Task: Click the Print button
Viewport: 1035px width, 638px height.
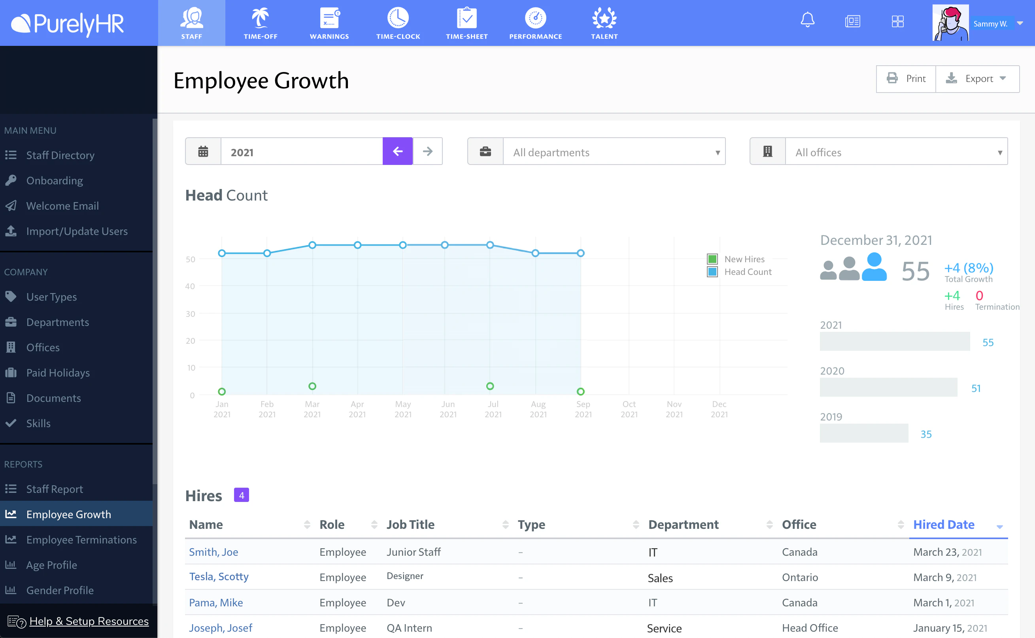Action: click(906, 78)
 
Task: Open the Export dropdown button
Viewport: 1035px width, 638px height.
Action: click(977, 78)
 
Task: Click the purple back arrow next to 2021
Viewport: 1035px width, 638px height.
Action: click(397, 151)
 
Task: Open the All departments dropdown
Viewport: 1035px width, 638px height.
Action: click(614, 152)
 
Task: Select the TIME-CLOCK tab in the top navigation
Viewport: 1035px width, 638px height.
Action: click(398, 23)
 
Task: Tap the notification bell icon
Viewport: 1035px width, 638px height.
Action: click(807, 20)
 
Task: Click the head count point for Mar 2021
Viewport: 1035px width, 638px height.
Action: click(312, 245)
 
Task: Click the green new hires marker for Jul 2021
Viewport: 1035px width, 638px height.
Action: click(490, 386)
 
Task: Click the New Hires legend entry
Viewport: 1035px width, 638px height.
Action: click(744, 259)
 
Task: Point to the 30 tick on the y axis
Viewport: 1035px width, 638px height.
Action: click(190, 314)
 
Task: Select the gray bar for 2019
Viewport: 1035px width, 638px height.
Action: click(863, 434)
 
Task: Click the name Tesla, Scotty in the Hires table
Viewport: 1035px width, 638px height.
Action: click(219, 577)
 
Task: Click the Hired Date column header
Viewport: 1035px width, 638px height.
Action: click(943, 524)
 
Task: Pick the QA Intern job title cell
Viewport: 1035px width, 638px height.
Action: click(409, 628)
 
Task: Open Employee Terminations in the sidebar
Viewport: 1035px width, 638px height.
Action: click(81, 540)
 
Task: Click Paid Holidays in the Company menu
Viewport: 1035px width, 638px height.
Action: click(58, 373)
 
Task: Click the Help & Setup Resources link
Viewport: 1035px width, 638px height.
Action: click(89, 621)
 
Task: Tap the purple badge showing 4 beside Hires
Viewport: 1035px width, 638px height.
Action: click(241, 495)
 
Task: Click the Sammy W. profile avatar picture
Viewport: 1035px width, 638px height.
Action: click(950, 23)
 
